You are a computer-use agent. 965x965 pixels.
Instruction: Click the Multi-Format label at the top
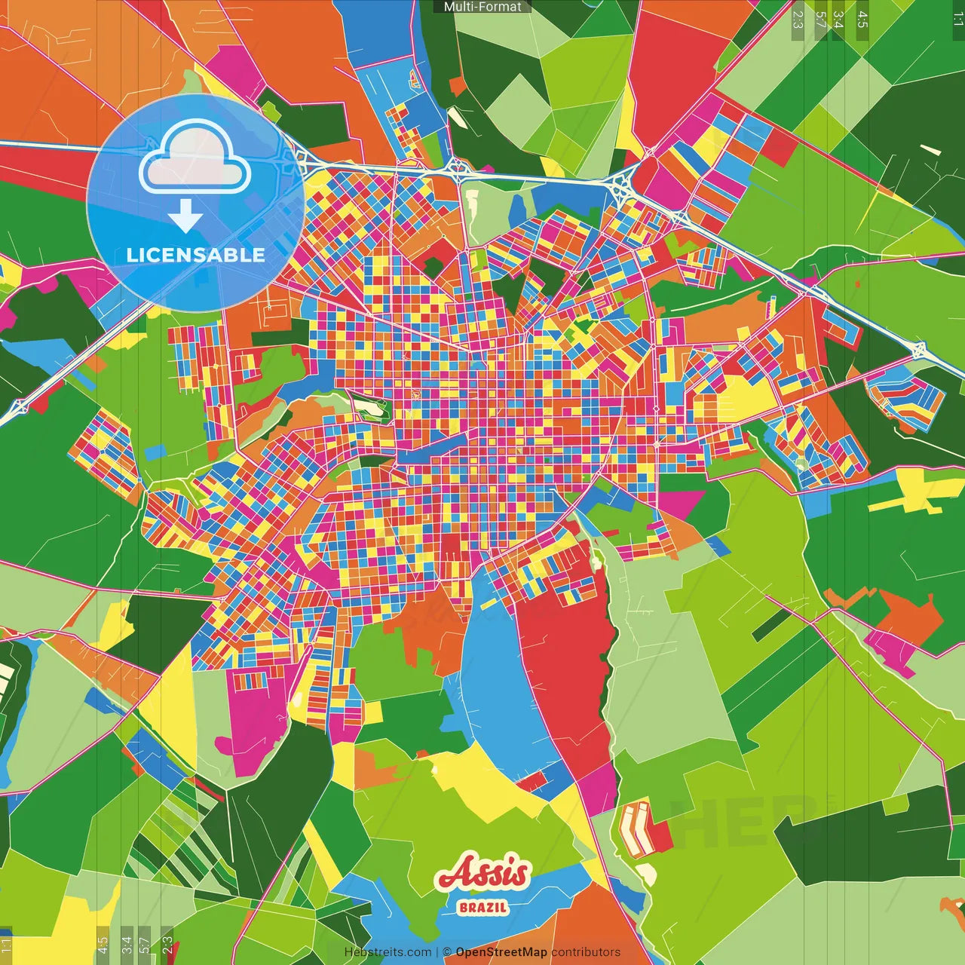pyautogui.click(x=482, y=7)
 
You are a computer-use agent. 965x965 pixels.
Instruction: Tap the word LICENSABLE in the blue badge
pyautogui.click(x=196, y=255)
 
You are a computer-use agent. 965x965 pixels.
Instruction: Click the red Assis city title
pyautogui.click(x=483, y=874)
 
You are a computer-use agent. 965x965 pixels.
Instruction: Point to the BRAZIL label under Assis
pyautogui.click(x=483, y=907)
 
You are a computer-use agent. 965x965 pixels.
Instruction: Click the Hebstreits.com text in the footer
pyautogui.click(x=388, y=952)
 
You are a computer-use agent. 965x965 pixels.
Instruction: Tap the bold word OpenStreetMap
pyautogui.click(x=501, y=952)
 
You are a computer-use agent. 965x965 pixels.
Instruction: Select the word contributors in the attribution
pyautogui.click(x=586, y=952)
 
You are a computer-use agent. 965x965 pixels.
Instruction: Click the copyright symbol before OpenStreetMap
pyautogui.click(x=447, y=952)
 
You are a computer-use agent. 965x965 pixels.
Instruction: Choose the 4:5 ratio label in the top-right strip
pyautogui.click(x=862, y=20)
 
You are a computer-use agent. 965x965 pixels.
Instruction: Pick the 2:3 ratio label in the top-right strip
pyautogui.click(x=797, y=20)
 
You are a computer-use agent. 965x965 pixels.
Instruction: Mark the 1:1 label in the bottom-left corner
pyautogui.click(x=7, y=945)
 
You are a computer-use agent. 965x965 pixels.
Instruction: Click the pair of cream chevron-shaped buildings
pyautogui.click(x=636, y=829)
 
